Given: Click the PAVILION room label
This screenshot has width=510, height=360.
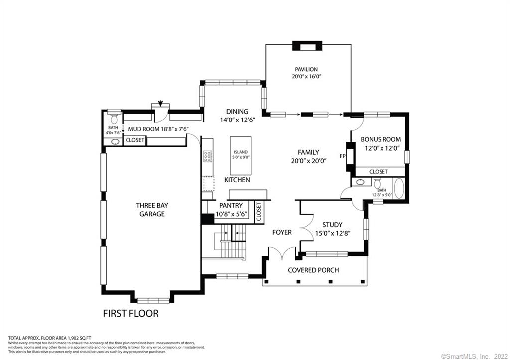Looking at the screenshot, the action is tap(306, 69).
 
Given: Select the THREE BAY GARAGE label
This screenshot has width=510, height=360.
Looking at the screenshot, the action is tap(150, 209).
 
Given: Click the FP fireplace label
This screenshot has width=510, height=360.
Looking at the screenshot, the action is tap(343, 156).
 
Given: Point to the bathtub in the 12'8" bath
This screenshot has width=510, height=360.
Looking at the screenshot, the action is tap(399, 190).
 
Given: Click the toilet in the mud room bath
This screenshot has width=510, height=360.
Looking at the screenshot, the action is tap(114, 118).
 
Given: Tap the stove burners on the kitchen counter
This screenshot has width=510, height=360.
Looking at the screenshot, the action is tap(208, 157).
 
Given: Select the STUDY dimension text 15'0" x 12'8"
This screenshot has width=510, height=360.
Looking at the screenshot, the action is tap(332, 233).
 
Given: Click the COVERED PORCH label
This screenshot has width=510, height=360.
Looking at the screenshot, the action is tap(313, 270).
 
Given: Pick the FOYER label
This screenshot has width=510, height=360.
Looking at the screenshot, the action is tap(282, 232).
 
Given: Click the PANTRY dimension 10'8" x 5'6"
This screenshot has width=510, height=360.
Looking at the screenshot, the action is tap(231, 214).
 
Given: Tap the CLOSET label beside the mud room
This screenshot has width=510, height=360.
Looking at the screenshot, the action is tap(134, 140).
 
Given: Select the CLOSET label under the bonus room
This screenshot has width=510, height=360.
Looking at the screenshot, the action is tap(379, 172).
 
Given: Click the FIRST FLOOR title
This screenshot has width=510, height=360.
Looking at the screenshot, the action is tap(130, 314).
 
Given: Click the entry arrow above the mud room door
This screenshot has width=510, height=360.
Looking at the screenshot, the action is tap(160, 104).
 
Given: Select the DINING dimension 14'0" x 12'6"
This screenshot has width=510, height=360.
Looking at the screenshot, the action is tap(237, 120).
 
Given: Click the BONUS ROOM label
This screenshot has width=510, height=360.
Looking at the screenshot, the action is tap(381, 140).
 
